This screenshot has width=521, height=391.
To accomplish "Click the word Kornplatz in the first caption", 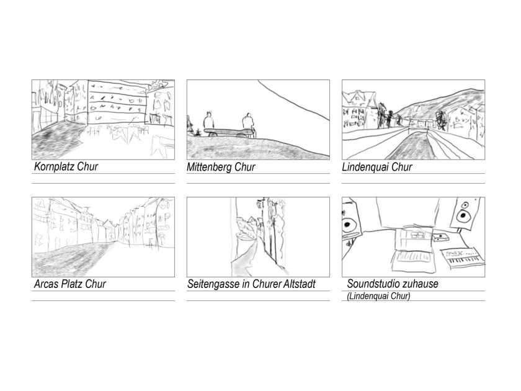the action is pos(54,166).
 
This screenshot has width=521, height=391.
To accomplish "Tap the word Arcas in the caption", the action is pos(47,284).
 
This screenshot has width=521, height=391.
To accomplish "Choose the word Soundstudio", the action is pos(373,284).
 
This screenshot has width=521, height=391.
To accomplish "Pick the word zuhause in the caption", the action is pos(420,284).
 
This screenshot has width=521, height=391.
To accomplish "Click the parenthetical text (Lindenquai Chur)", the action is pos(378,295).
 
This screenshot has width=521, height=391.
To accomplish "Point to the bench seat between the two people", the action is pos(229,131).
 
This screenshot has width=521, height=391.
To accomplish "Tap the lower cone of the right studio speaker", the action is pos(462,216).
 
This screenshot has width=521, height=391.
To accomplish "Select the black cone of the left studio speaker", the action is pos(347,225).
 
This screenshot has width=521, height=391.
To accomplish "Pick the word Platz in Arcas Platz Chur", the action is pos(73,284).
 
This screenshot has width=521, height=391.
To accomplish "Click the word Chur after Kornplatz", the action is pos(87,166).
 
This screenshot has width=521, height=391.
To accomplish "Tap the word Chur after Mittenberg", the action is pos(245,167).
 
